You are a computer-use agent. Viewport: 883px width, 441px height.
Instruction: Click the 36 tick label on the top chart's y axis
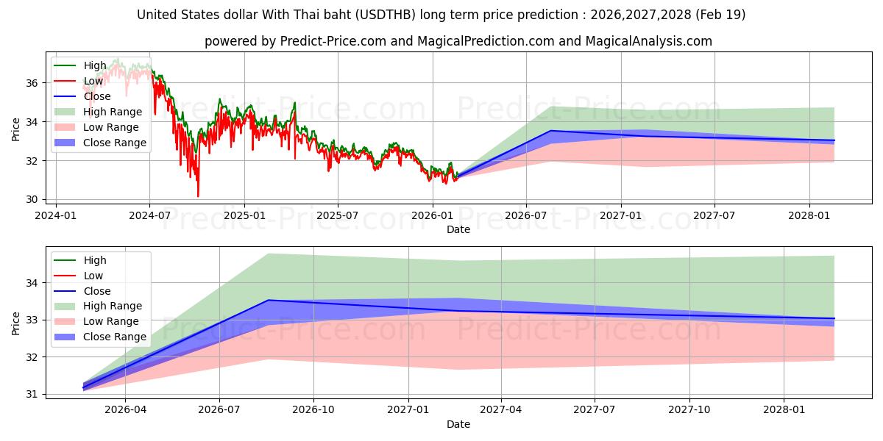pyautogui.click(x=32, y=83)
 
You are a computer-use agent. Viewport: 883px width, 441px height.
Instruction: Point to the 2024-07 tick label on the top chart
pyautogui.click(x=150, y=216)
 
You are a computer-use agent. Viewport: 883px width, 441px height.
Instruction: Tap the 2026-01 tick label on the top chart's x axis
pyautogui.click(x=433, y=216)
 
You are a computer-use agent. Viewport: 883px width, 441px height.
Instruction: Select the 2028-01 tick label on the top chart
pyautogui.click(x=809, y=216)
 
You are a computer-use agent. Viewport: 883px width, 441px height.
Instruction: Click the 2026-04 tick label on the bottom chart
pyautogui.click(x=125, y=410)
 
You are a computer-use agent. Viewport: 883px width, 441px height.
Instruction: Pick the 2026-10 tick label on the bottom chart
pyautogui.click(x=313, y=410)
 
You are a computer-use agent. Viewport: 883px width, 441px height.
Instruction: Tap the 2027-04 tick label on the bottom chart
pyautogui.click(x=501, y=410)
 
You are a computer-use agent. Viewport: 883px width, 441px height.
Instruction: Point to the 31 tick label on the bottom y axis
pyautogui.click(x=32, y=394)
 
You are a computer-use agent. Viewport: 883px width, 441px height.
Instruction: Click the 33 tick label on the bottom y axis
pyautogui.click(x=32, y=320)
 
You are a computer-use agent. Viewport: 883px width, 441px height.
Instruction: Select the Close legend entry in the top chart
pyautogui.click(x=97, y=96)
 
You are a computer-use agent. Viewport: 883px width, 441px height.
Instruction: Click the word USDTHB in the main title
pyautogui.click(x=386, y=15)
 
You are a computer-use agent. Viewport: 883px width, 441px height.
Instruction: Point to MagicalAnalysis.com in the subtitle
pyautogui.click(x=648, y=41)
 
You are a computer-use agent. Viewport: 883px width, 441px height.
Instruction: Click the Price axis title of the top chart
pyautogui.click(x=15, y=129)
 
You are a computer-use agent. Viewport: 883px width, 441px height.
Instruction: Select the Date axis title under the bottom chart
pyautogui.click(x=458, y=424)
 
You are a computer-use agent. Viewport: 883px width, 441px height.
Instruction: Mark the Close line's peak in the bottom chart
pyautogui.click(x=269, y=300)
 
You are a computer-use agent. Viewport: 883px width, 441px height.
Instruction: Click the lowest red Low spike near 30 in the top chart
pyautogui.click(x=198, y=196)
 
